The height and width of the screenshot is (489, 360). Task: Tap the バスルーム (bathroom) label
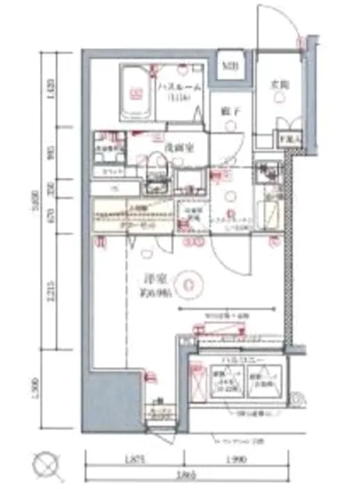click(181, 85)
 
